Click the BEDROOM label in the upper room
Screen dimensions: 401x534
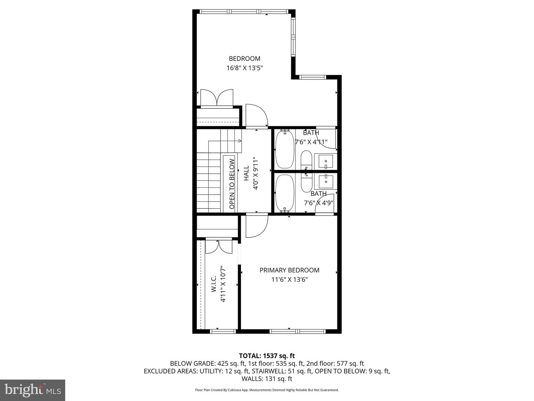[244, 58]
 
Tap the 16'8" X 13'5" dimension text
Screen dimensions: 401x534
[244, 68]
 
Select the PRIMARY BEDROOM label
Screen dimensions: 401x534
[289, 270]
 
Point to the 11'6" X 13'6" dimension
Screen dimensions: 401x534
[289, 279]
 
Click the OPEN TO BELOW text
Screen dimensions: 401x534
[232, 184]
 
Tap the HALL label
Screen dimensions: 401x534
[247, 173]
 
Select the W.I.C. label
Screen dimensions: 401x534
[214, 284]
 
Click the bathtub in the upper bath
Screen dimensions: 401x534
[285, 149]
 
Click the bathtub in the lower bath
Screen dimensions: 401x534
[285, 192]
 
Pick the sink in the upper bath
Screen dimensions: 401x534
[324, 162]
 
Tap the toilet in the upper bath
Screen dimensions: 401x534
[306, 159]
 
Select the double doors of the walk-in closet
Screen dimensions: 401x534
[219, 247]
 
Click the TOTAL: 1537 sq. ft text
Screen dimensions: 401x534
[267, 356]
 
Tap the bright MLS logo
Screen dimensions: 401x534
[33, 390]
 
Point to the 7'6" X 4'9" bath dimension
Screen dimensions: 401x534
[319, 203]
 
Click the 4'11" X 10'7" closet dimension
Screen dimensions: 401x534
[223, 284]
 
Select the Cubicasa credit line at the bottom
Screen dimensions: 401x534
[267, 390]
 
